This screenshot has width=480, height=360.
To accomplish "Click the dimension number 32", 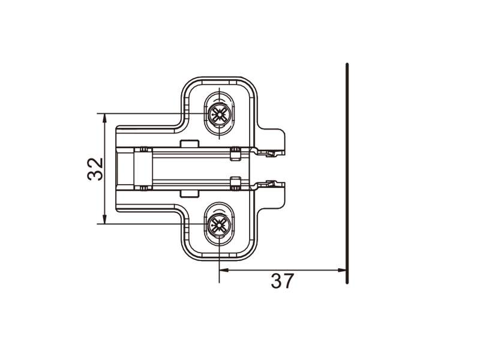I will click(95, 169).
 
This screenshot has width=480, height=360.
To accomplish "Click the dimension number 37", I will click(283, 281).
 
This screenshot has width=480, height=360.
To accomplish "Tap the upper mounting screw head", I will click(218, 113).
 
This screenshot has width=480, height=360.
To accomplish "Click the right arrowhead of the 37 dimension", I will click(343, 270).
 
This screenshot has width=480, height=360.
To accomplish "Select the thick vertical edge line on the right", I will click(347, 174).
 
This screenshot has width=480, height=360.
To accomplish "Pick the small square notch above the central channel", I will click(190, 143).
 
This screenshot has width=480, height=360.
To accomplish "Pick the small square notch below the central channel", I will click(190, 193).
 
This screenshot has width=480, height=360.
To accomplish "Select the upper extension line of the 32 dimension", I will click(144, 113).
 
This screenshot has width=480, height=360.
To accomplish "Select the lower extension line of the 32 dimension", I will click(144, 224).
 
